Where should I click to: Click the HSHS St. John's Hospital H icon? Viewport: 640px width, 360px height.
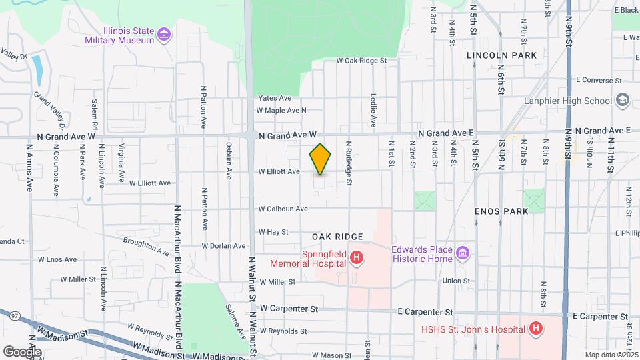click(x=534, y=328)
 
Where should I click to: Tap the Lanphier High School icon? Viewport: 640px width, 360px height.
click(x=622, y=101)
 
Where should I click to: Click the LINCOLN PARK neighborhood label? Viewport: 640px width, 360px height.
click(x=502, y=55)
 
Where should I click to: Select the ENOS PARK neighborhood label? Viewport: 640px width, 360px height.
click(x=501, y=211)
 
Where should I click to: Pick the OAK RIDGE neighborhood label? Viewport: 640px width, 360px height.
click(x=337, y=237)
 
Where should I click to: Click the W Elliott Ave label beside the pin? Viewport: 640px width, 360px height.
click(x=279, y=171)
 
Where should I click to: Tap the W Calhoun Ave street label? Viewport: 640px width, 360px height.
click(x=283, y=209)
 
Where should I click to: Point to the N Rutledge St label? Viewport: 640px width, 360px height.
click(x=348, y=162)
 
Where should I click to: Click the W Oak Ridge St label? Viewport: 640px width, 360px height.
click(x=362, y=61)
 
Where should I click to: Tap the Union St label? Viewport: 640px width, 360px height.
click(x=456, y=281)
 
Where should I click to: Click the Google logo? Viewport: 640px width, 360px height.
click(x=22, y=351)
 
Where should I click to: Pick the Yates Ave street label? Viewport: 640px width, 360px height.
click(x=275, y=98)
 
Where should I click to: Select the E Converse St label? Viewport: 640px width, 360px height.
click(x=598, y=80)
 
